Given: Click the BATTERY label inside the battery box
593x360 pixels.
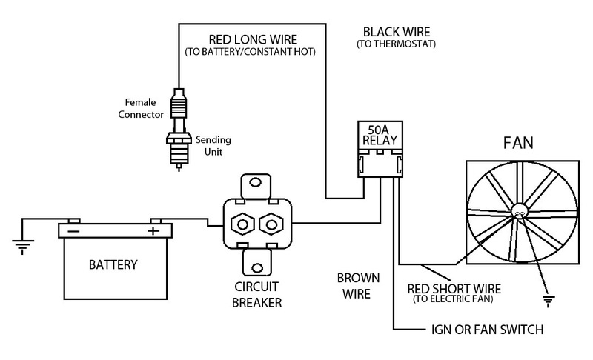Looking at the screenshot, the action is [x=113, y=264].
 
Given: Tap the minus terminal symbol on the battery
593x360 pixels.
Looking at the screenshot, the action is [x=73, y=230].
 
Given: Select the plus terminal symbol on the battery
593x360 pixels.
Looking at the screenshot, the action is [x=153, y=230].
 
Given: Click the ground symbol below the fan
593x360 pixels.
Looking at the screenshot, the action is [x=548, y=301].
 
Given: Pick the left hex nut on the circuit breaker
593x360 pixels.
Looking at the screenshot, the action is [x=242, y=224].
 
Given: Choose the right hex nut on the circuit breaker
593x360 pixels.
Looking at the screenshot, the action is [x=271, y=224].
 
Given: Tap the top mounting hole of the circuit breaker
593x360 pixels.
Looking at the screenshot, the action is [x=256, y=183].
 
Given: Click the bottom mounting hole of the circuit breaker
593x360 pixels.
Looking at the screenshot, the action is [x=257, y=268].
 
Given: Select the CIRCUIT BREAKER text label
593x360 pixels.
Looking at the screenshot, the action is [x=256, y=295].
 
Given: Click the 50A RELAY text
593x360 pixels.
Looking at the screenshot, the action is [x=380, y=136].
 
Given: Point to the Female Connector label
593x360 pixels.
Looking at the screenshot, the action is [x=141, y=108].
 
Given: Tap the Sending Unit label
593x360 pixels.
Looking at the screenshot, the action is [x=213, y=146].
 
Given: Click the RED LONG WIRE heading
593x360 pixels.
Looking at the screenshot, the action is [x=253, y=39].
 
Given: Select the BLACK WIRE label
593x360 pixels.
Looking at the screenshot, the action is [x=397, y=32].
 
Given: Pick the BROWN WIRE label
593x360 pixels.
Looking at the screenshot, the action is [x=358, y=286].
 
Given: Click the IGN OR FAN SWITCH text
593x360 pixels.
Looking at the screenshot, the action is [x=487, y=330].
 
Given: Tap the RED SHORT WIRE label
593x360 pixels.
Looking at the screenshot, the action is [x=454, y=289].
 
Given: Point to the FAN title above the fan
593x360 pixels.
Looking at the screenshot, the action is [x=518, y=143].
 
